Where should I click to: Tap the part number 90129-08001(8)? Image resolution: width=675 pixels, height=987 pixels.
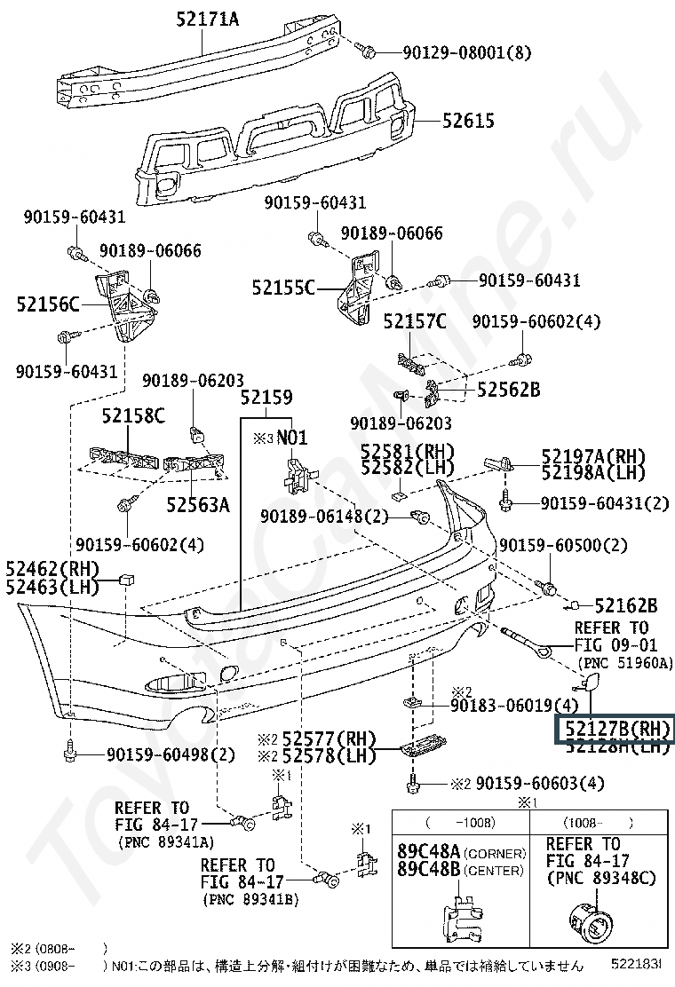tap(454, 52)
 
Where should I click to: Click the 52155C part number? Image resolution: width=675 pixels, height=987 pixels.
tap(283, 288)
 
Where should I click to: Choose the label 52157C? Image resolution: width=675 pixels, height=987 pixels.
tap(415, 321)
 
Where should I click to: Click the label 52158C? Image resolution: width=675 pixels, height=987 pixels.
tap(133, 415)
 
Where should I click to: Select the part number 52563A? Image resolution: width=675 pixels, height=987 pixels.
tap(198, 505)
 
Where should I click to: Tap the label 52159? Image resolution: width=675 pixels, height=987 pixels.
tap(266, 399)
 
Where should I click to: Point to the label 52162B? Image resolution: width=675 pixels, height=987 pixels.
tap(625, 605)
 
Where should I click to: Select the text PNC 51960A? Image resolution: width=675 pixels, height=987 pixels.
tap(625, 663)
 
